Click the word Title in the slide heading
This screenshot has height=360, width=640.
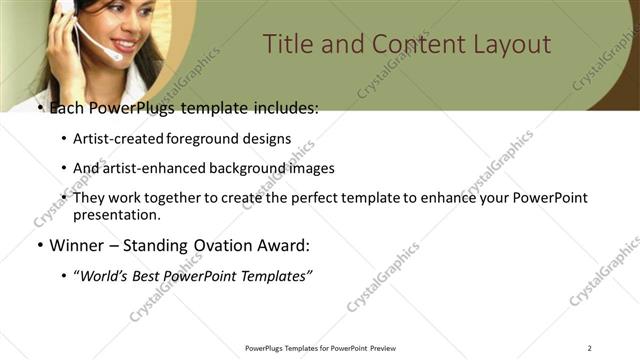tap(290, 45)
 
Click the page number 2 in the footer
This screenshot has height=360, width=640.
tap(589, 348)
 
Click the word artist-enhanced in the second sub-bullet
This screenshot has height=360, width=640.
tap(153, 168)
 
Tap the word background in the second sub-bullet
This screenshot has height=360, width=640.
tap(246, 168)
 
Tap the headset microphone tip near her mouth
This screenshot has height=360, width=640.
tap(118, 56)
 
